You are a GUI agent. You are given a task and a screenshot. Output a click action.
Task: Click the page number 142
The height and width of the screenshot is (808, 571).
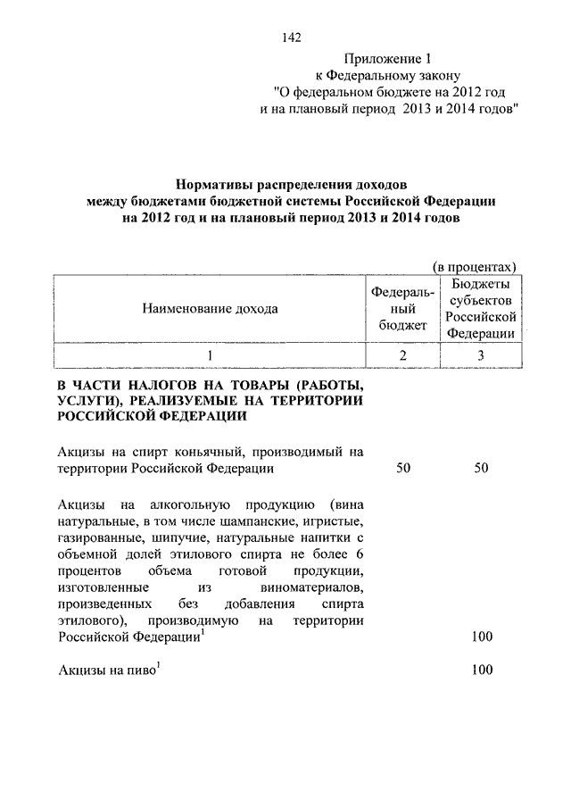coord(291,37)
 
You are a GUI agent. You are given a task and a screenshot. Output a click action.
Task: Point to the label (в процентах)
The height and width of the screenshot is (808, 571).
coord(475,266)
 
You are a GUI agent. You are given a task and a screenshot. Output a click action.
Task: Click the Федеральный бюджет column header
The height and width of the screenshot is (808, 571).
coord(402,309)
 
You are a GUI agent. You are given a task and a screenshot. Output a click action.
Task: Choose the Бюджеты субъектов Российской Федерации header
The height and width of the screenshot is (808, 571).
coord(482,309)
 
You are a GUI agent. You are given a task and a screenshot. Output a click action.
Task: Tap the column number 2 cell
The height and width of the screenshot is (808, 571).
coord(402,355)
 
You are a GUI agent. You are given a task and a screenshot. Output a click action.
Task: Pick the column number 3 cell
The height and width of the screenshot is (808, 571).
coord(482,355)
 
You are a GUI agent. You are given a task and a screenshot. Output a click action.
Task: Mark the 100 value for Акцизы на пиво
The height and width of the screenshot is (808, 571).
coord(482,670)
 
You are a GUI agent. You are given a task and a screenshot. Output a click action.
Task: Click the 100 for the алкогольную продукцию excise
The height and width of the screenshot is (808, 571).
coord(482,636)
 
